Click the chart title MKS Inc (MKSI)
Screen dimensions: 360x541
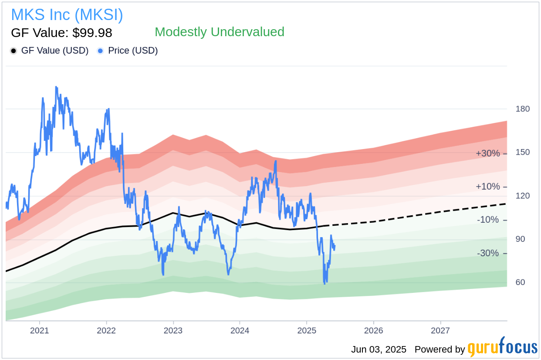(x=67, y=15)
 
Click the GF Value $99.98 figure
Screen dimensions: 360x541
(x=61, y=33)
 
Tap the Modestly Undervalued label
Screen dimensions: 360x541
(x=219, y=32)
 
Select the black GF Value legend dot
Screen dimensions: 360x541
(x=14, y=51)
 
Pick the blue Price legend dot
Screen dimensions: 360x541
(x=101, y=51)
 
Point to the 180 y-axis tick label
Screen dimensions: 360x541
(x=523, y=109)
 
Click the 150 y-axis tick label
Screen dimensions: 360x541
(x=523, y=152)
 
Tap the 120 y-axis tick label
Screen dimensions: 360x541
(x=523, y=196)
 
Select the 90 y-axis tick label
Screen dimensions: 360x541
(x=520, y=239)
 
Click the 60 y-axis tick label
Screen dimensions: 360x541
(x=520, y=282)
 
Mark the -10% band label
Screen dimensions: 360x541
(x=488, y=220)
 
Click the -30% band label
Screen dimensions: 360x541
(x=488, y=253)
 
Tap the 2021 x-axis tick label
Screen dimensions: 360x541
(x=40, y=330)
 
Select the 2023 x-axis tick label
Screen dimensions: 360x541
(x=173, y=330)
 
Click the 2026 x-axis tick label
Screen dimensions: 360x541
(x=373, y=330)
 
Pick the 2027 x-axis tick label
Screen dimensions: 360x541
(x=440, y=330)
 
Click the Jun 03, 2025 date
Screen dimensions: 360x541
(x=379, y=350)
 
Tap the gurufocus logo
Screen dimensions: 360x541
(x=502, y=348)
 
